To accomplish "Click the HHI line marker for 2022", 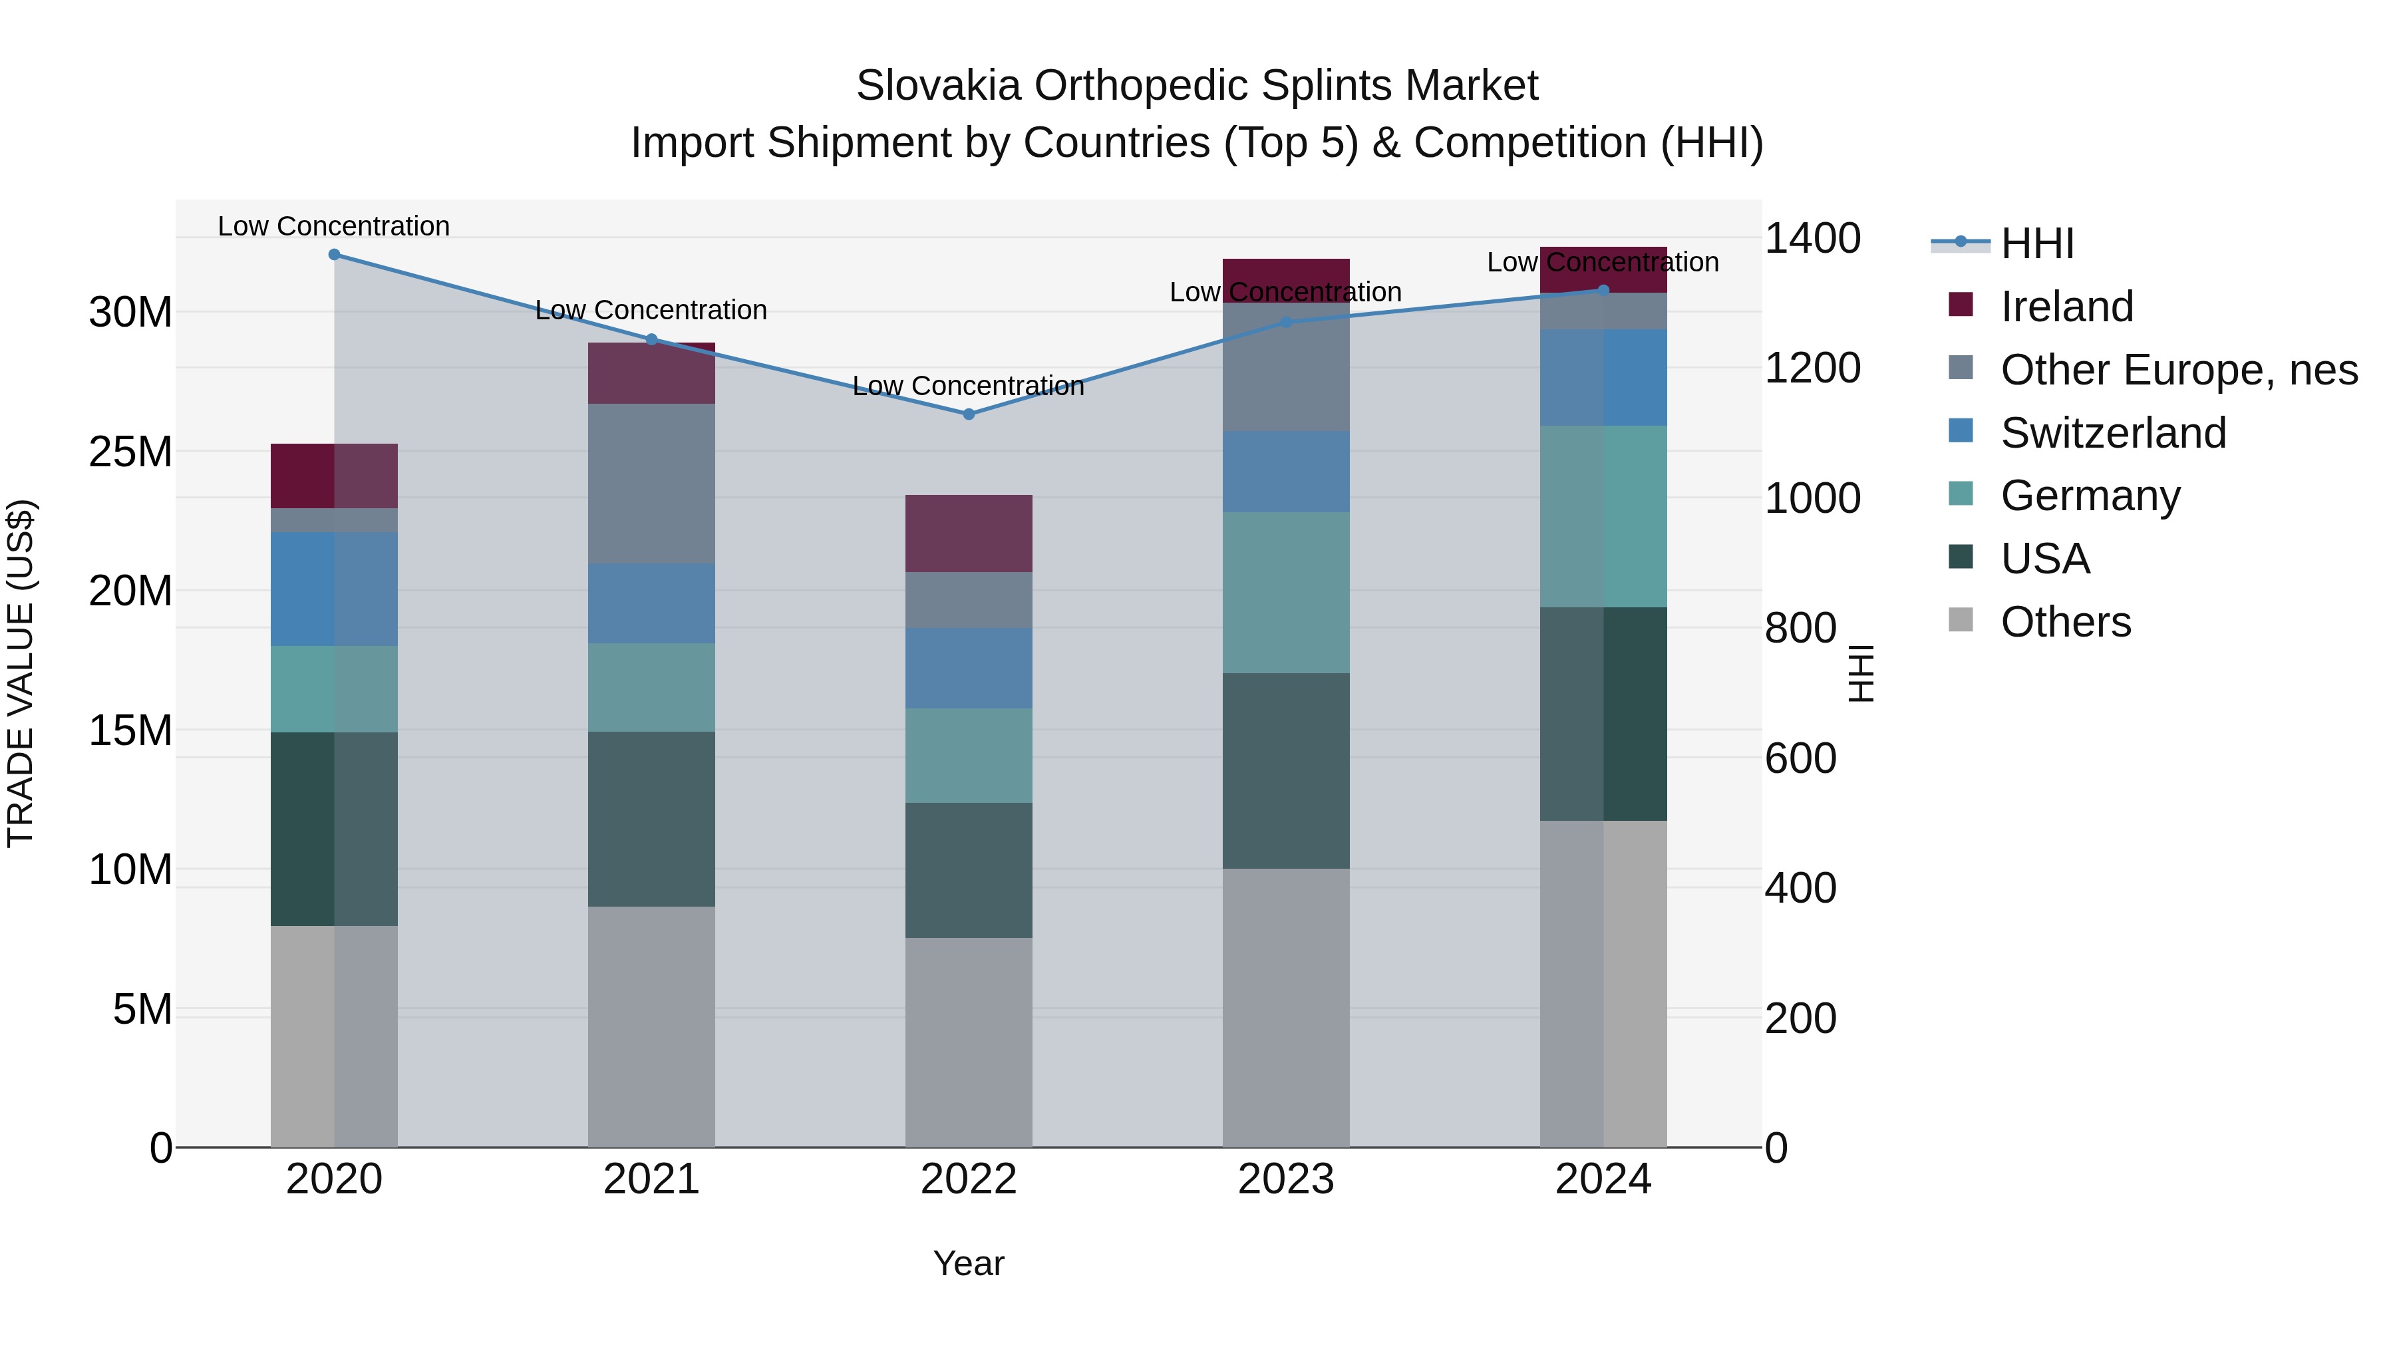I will (969, 414).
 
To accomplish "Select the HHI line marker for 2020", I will (334, 254).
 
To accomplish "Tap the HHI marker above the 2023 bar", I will (1286, 323).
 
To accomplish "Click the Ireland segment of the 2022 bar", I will (969, 533).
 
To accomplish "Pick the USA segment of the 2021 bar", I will (651, 819).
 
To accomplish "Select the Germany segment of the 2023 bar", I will (1286, 592).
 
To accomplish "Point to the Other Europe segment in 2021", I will (651, 484).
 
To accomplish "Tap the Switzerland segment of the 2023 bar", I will (1286, 472).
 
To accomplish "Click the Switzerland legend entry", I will (2112, 433).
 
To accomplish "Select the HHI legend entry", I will (2036, 243).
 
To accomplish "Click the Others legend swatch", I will (1960, 620).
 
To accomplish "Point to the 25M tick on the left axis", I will (130, 452).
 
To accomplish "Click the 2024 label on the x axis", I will (1603, 1179).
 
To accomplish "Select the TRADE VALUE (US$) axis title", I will (21, 673).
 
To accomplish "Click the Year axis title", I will (969, 1263).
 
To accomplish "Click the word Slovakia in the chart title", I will (938, 86).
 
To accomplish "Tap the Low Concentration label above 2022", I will (968, 386).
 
